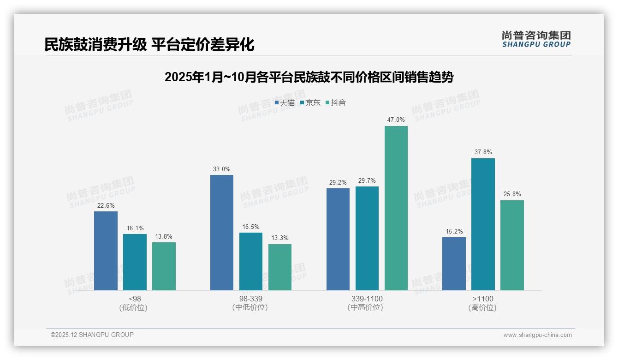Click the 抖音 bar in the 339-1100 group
click(x=396, y=208)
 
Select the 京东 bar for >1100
click(x=483, y=224)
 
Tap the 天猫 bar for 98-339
click(x=222, y=233)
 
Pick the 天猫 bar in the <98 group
click(x=106, y=251)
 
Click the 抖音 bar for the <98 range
click(x=164, y=266)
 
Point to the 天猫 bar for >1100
click(x=454, y=264)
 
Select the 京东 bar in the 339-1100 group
click(x=367, y=238)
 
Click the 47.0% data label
click(x=396, y=120)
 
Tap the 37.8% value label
click(x=483, y=152)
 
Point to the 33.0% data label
click(x=222, y=169)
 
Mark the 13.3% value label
click(x=280, y=238)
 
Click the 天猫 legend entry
click(x=285, y=103)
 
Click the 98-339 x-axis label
click(x=251, y=299)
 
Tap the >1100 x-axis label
click(x=483, y=299)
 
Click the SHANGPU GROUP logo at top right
click(x=536, y=39)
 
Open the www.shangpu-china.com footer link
click(x=537, y=335)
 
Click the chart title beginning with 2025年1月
click(x=309, y=77)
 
